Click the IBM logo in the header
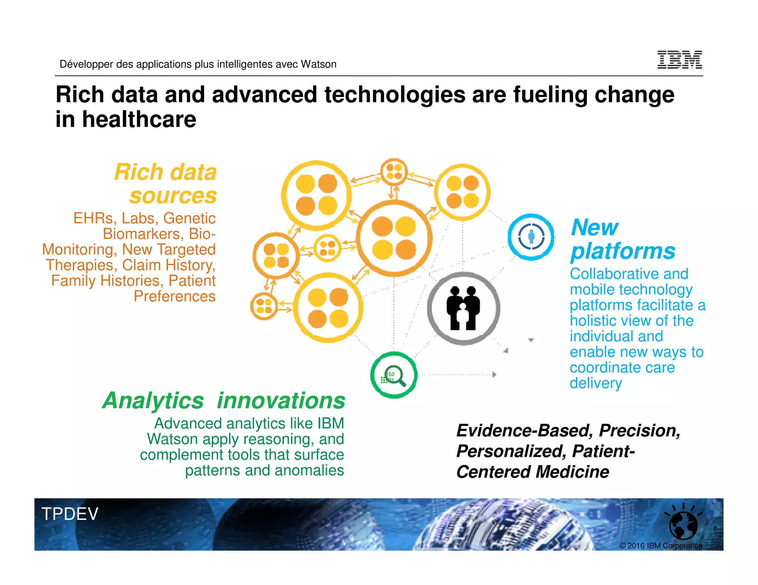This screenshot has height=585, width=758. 680,60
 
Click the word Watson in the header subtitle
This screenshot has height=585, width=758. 318,64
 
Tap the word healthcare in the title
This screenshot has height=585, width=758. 139,119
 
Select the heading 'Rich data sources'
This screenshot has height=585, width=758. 166,184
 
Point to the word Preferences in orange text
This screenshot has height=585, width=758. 174,296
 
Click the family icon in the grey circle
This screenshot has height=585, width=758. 463,308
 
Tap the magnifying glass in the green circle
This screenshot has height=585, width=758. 395,375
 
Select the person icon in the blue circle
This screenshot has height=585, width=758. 531,237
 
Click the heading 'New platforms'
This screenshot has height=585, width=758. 623,239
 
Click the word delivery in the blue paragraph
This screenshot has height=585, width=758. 596,383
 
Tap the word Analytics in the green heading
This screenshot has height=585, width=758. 153,401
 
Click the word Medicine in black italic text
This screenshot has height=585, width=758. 572,472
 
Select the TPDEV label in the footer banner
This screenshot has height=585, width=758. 70,514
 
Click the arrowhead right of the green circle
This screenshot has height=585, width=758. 494,375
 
